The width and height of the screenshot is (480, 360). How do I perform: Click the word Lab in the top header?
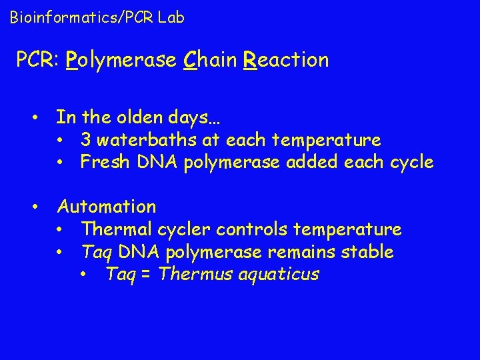[x=171, y=17]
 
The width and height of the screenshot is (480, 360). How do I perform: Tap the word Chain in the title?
[x=211, y=60]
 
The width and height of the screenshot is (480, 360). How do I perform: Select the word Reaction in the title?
[x=287, y=60]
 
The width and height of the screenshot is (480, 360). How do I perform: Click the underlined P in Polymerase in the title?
[x=73, y=60]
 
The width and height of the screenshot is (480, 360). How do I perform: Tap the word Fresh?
[x=100, y=162]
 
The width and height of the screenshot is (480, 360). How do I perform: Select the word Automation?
[x=107, y=207]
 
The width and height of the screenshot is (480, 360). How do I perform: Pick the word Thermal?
[x=117, y=229]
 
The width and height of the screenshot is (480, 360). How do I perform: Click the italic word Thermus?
[x=192, y=274]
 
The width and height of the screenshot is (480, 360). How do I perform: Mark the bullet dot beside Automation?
[x=37, y=207]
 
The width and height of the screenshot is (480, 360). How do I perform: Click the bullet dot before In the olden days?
[x=37, y=118]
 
